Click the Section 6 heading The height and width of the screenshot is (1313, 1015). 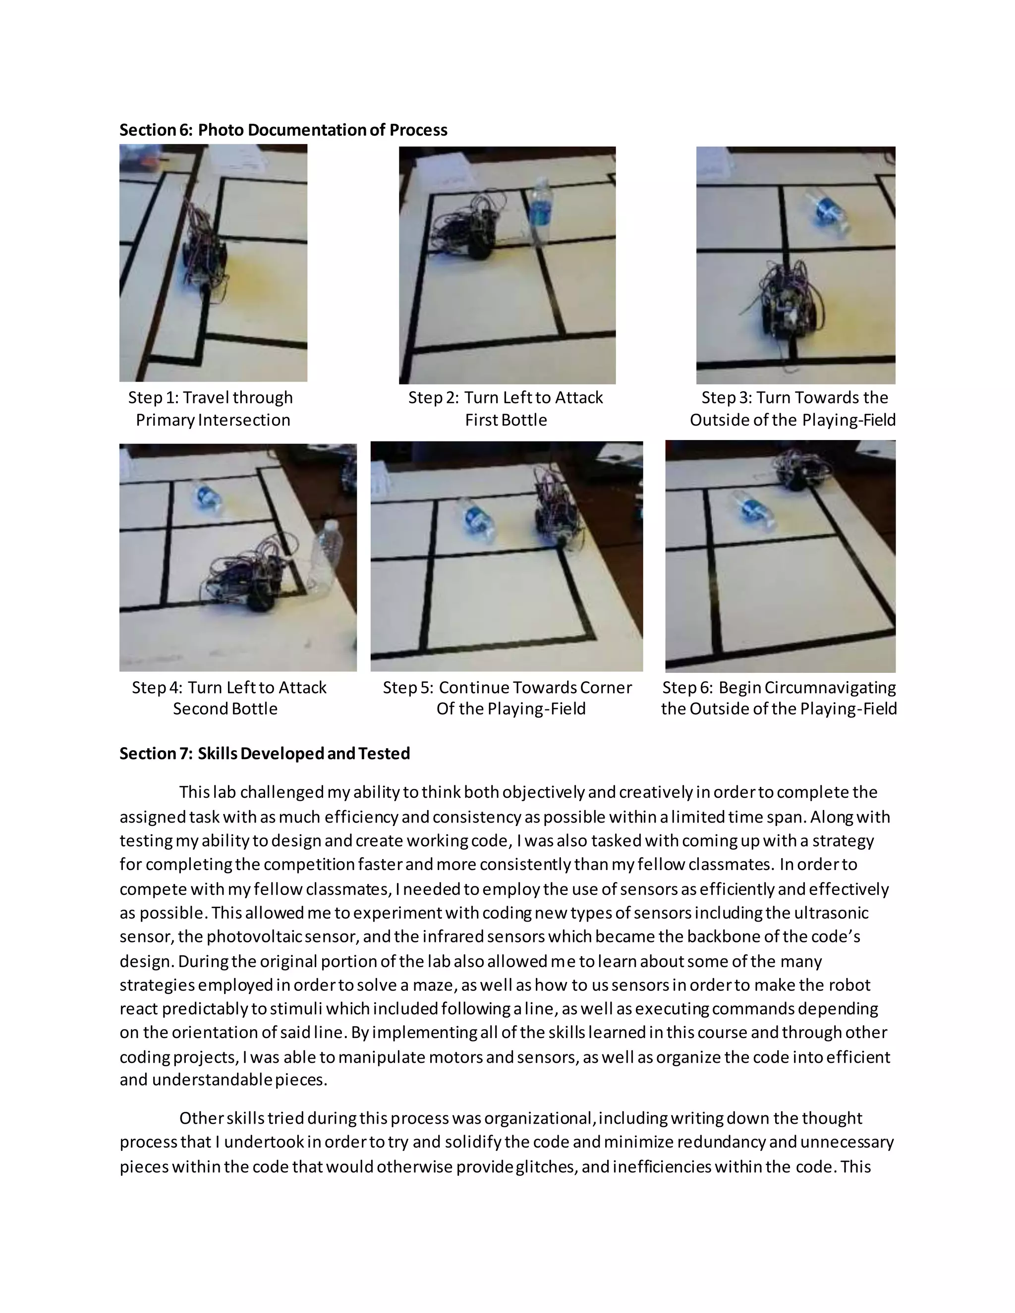[283, 130]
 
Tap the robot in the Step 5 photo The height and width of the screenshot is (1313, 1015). [557, 508]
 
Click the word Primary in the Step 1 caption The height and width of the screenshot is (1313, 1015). [164, 420]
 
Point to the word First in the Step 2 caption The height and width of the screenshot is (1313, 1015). [479, 420]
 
